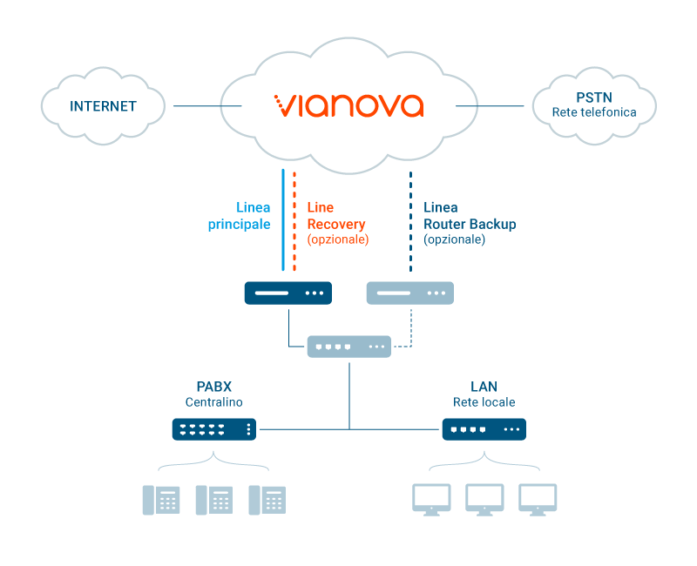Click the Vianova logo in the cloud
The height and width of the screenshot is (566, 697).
[x=349, y=105]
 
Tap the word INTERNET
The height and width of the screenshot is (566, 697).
[x=103, y=106]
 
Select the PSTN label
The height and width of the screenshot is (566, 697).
[x=594, y=98]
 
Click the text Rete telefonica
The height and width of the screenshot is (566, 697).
[x=594, y=112]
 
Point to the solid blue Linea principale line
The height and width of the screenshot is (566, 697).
[x=283, y=219]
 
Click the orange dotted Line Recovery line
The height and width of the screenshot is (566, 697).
[x=294, y=221]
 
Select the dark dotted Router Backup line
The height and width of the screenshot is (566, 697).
[x=410, y=221]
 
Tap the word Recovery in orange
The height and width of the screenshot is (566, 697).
[x=336, y=225]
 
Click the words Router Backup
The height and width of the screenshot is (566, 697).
[x=470, y=224]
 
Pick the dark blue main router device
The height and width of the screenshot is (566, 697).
[x=288, y=293]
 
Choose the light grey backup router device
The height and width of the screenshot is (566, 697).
[x=409, y=293]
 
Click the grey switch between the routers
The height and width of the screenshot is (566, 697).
[x=349, y=347]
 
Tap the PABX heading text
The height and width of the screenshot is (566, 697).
[x=214, y=387]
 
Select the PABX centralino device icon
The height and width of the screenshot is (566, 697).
[x=214, y=429]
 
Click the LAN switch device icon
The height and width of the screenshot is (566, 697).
[x=484, y=429]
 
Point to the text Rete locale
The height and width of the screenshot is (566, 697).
[x=484, y=402]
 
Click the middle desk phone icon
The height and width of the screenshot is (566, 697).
[x=214, y=500]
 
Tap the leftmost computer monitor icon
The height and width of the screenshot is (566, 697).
[x=431, y=500]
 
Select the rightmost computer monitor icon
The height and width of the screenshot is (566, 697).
[x=538, y=500]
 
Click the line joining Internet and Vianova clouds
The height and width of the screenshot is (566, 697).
[x=207, y=105]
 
